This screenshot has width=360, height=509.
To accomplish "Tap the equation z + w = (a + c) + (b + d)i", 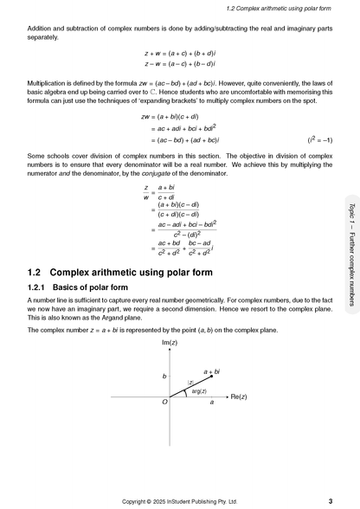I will (x=180, y=54).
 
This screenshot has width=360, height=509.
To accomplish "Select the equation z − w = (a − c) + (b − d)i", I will (x=180, y=64).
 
